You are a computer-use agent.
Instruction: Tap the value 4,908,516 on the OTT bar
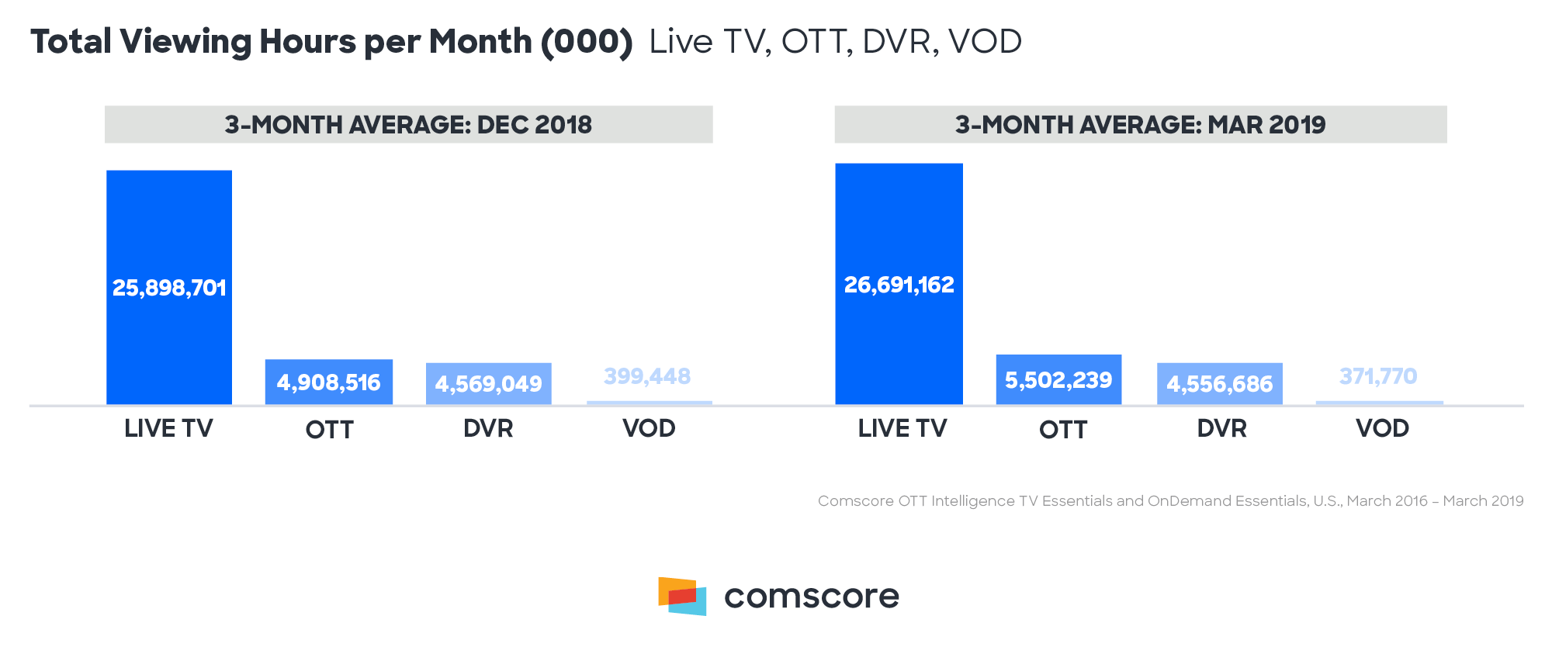coord(328,382)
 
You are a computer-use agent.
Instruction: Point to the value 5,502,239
coord(1058,380)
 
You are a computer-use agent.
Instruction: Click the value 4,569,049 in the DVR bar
coord(488,384)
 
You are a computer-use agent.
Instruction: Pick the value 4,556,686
coord(1219,384)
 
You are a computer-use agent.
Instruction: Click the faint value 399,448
coord(647,376)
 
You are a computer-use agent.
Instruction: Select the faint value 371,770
coord(1378,376)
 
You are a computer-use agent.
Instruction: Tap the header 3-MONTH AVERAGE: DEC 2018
coord(408,125)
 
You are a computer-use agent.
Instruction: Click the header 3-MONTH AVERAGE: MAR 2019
coord(1140,125)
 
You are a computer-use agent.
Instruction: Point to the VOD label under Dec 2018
coord(649,428)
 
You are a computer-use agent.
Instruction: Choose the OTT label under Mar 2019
coord(1062,430)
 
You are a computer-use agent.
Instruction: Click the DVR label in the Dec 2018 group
coord(488,428)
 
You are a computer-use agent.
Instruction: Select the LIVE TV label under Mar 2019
coord(902,428)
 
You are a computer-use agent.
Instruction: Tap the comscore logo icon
coord(682,596)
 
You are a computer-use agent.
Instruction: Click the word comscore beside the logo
coord(811,596)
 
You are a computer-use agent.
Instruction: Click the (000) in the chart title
coord(587,42)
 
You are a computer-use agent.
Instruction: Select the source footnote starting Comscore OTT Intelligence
coord(1170,501)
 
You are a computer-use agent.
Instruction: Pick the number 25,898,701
coord(169,288)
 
